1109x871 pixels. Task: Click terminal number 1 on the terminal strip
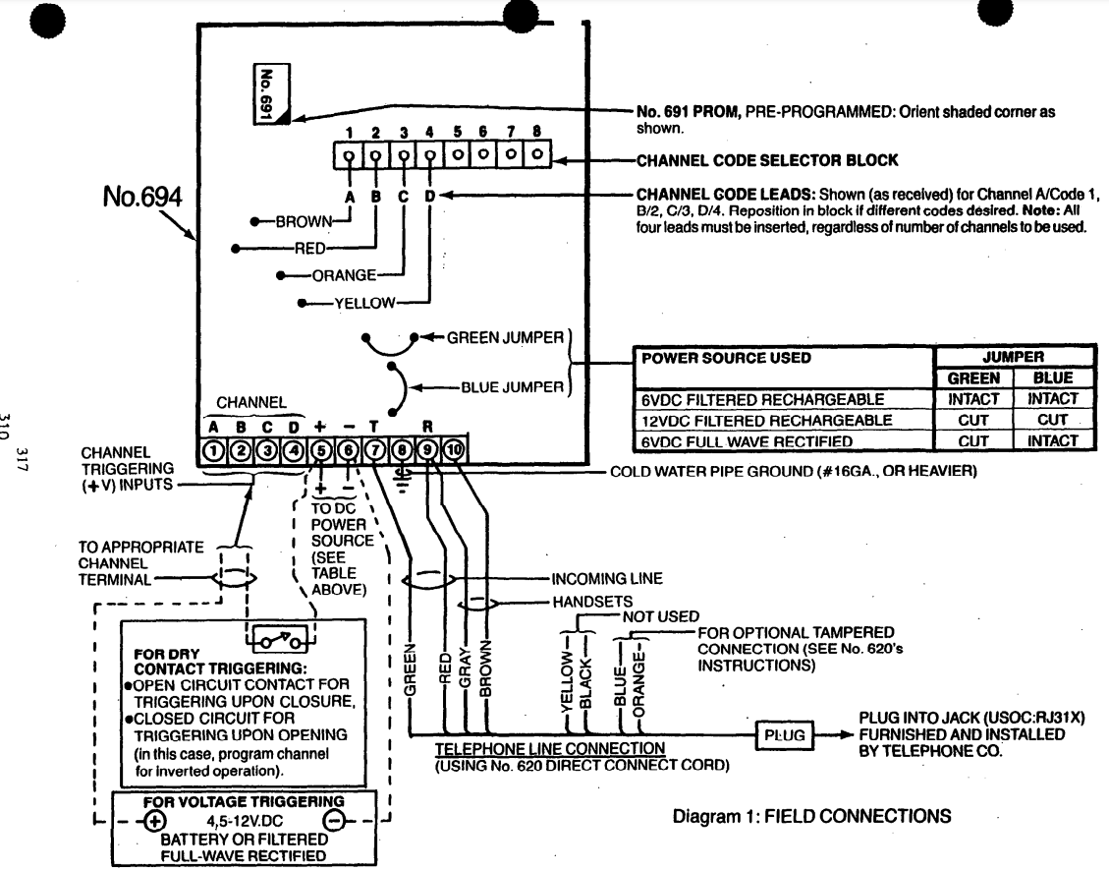point(212,450)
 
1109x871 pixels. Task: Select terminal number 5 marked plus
point(320,450)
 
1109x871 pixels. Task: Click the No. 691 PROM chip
point(262,95)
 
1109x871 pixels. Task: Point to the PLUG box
point(783,734)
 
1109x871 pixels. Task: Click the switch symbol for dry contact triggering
point(282,639)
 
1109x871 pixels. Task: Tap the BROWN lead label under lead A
point(304,222)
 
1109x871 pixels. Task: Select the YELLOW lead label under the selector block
point(363,303)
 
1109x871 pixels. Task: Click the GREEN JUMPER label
point(505,337)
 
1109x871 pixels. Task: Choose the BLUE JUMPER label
point(512,386)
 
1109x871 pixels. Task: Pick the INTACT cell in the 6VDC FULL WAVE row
point(1053,440)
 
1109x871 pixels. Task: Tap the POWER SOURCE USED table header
point(726,358)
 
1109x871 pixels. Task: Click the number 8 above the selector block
point(536,131)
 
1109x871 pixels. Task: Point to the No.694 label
point(141,197)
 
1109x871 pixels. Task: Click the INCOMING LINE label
point(606,578)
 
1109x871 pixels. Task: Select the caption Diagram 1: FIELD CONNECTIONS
point(811,816)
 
